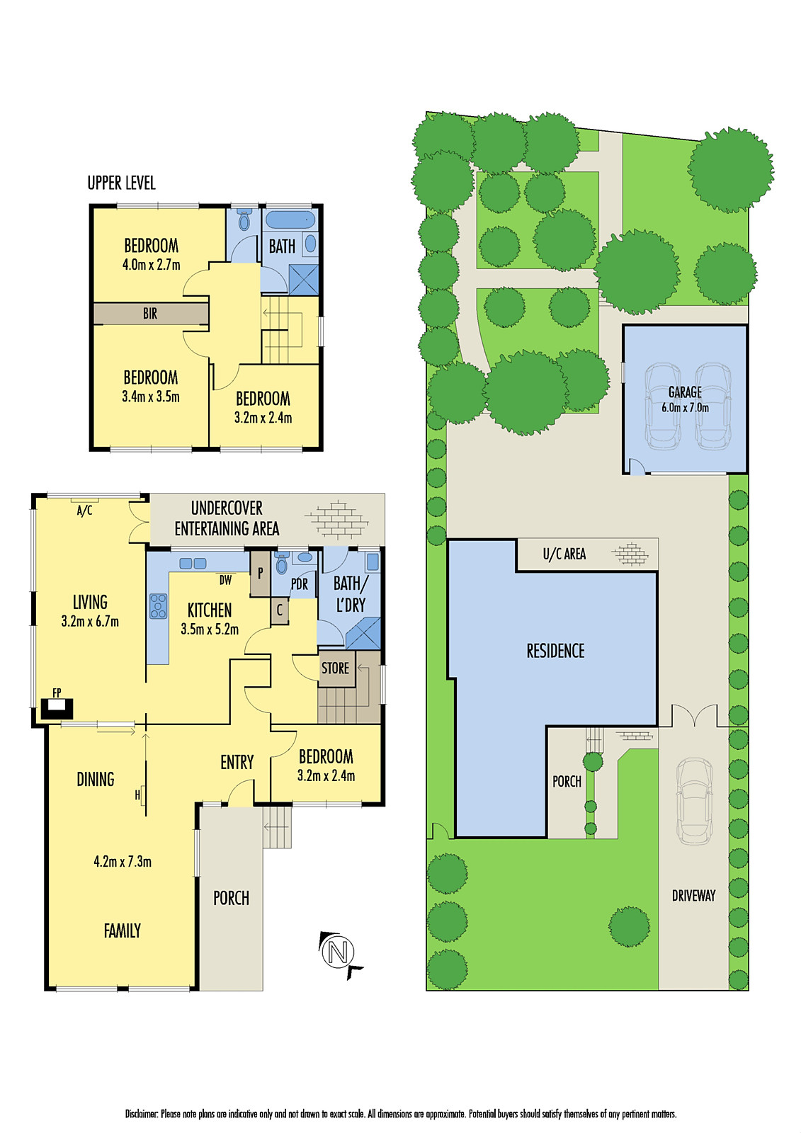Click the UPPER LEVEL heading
click(x=121, y=183)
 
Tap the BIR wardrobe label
click(x=150, y=314)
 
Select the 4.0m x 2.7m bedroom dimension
click(x=151, y=266)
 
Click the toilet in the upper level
click(x=244, y=221)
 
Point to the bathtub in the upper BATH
click(x=290, y=219)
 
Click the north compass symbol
click(x=338, y=952)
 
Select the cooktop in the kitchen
click(x=158, y=607)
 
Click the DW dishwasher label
click(x=225, y=581)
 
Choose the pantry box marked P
click(x=260, y=574)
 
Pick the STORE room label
click(x=335, y=668)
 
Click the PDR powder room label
click(x=300, y=585)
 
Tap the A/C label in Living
click(x=84, y=511)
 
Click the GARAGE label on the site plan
click(x=685, y=392)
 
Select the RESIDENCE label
click(x=555, y=651)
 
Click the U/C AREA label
click(x=564, y=554)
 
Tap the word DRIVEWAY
click(x=693, y=896)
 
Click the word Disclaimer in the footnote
click(x=142, y=1114)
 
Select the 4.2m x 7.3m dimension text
click(x=123, y=862)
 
